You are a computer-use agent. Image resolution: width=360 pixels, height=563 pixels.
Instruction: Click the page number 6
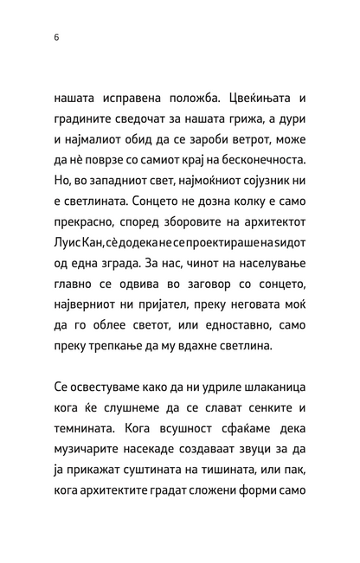tap(55, 38)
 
